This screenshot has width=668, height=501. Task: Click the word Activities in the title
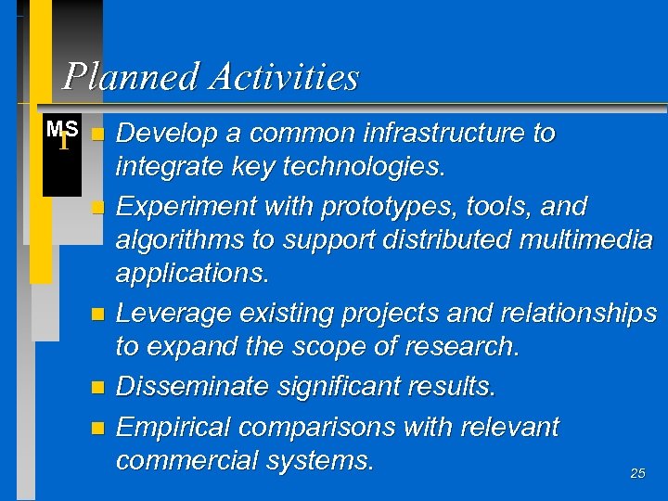[284, 76]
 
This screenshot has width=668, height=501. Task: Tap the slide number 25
[637, 473]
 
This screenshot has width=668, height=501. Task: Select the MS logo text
[61, 129]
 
